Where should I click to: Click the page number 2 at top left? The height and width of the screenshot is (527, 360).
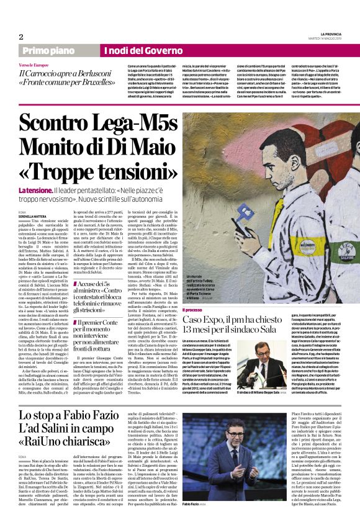21,37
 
